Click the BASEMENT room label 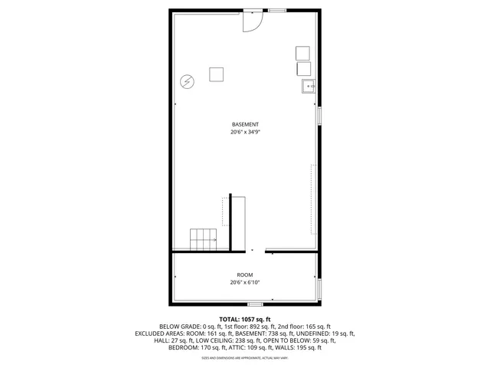tap(245, 124)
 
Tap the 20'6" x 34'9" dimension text tap(245, 132)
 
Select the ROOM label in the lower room tap(245, 274)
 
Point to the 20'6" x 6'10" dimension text tap(245, 282)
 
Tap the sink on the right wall tap(309, 86)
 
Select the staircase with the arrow tap(204, 239)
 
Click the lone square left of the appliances tap(217, 74)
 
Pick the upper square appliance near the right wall tap(303, 53)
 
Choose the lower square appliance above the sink tap(303, 68)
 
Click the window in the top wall tap(276, 11)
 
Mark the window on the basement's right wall tap(320, 115)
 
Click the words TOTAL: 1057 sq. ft tap(245, 319)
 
